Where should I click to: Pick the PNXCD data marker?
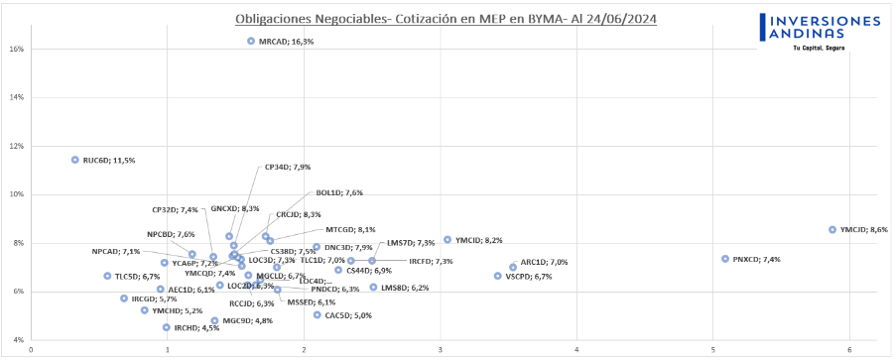point(725,259)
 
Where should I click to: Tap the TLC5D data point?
point(107,276)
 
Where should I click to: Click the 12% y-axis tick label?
point(18,146)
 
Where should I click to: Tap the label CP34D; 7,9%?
point(287,167)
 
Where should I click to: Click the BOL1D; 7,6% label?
point(338,192)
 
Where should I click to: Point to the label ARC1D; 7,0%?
point(544,262)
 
